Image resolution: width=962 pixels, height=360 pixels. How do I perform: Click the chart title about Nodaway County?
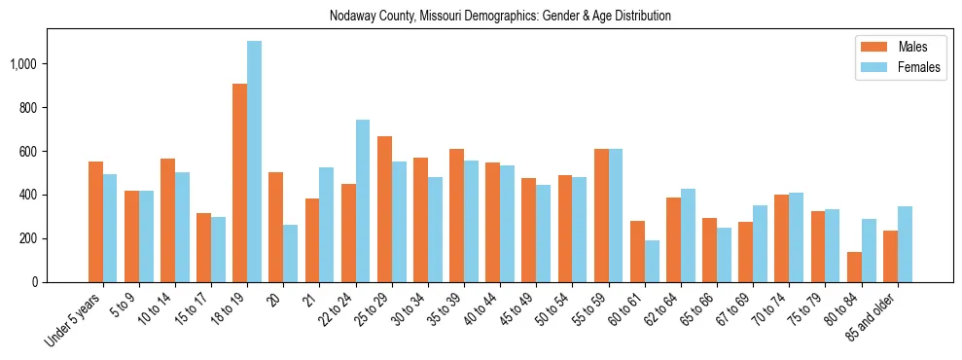click(x=500, y=17)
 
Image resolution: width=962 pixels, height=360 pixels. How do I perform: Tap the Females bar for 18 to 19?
click(x=254, y=162)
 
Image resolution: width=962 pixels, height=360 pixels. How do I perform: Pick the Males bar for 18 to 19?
click(x=239, y=183)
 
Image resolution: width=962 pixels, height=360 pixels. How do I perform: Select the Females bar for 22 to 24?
click(x=362, y=200)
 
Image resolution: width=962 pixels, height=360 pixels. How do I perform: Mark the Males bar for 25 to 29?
click(x=384, y=209)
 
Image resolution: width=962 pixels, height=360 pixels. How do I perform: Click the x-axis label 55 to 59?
click(x=591, y=311)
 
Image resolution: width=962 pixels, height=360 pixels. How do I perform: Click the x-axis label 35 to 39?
click(x=447, y=311)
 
